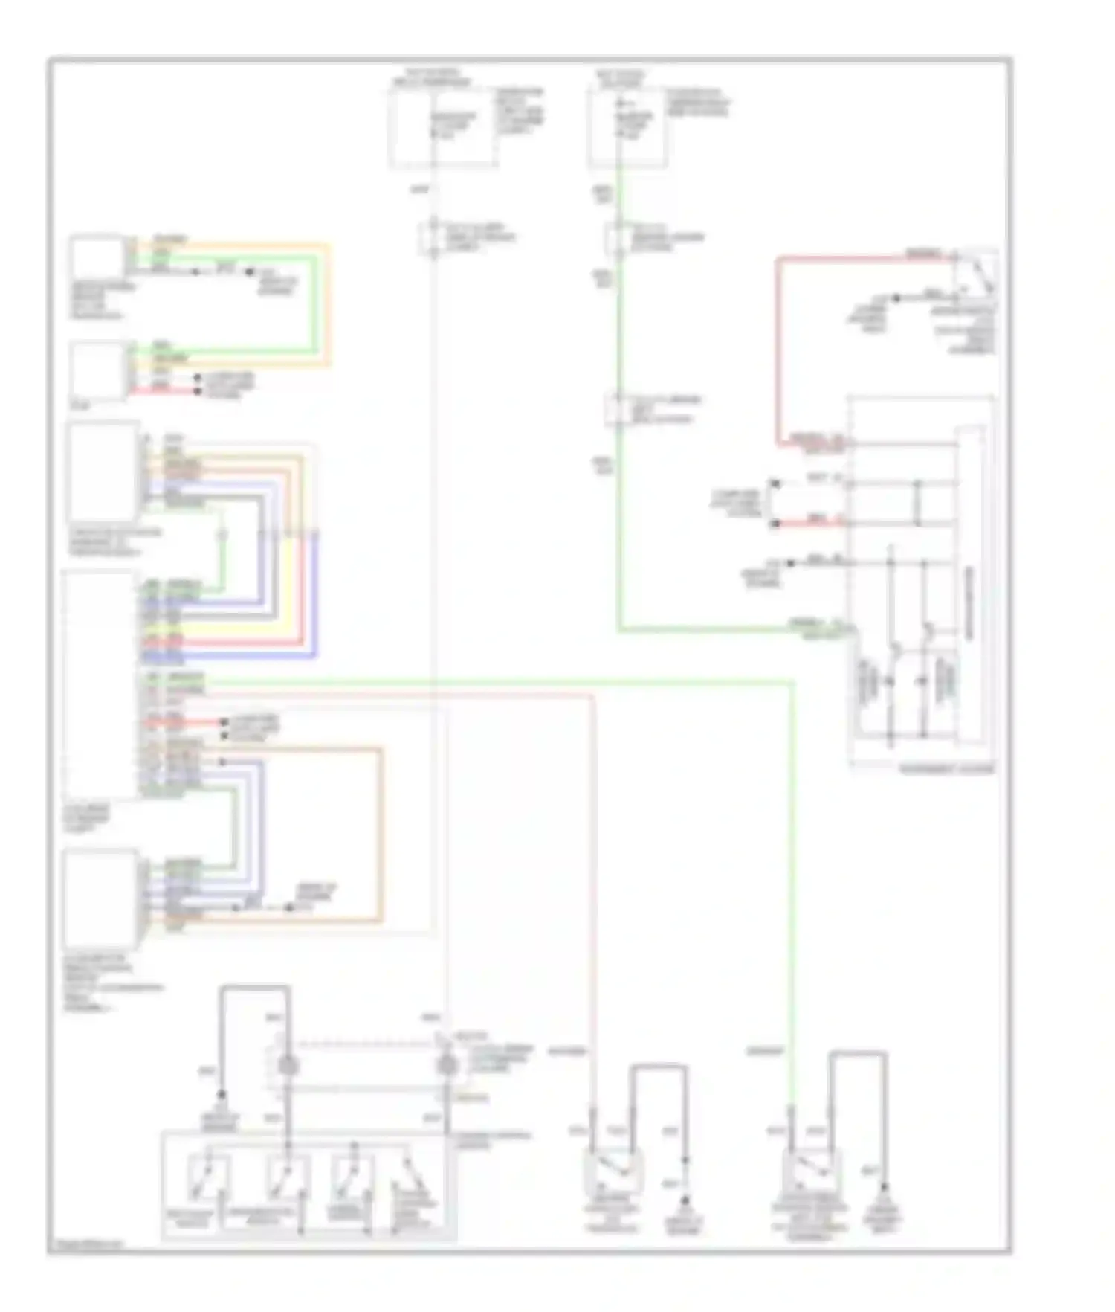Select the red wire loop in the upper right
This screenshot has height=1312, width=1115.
click(778, 350)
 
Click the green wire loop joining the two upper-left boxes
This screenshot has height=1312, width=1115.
click(317, 305)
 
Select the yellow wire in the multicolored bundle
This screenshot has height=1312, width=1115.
click(288, 550)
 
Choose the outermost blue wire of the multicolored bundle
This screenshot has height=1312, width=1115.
click(317, 595)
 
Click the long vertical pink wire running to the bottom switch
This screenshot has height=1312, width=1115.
click(593, 893)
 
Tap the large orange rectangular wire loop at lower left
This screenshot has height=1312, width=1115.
click(381, 833)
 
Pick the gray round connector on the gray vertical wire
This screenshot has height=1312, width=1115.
click(446, 1065)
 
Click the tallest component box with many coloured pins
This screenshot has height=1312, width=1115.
click(100, 684)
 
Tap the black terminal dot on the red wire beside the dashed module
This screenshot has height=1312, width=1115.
click(775, 524)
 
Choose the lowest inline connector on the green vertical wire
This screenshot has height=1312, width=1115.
click(618, 408)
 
